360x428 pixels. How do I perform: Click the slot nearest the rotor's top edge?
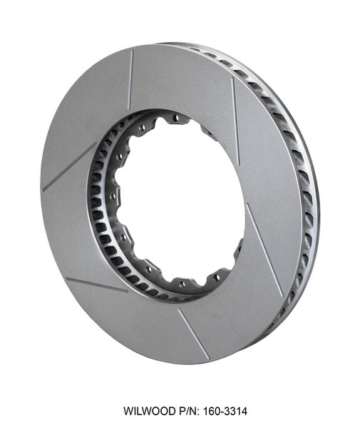pyautogui.click(x=130, y=78)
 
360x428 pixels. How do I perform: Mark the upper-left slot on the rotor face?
pyautogui.click(x=69, y=166)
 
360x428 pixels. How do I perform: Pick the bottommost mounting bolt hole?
pyautogui.click(x=182, y=283)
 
